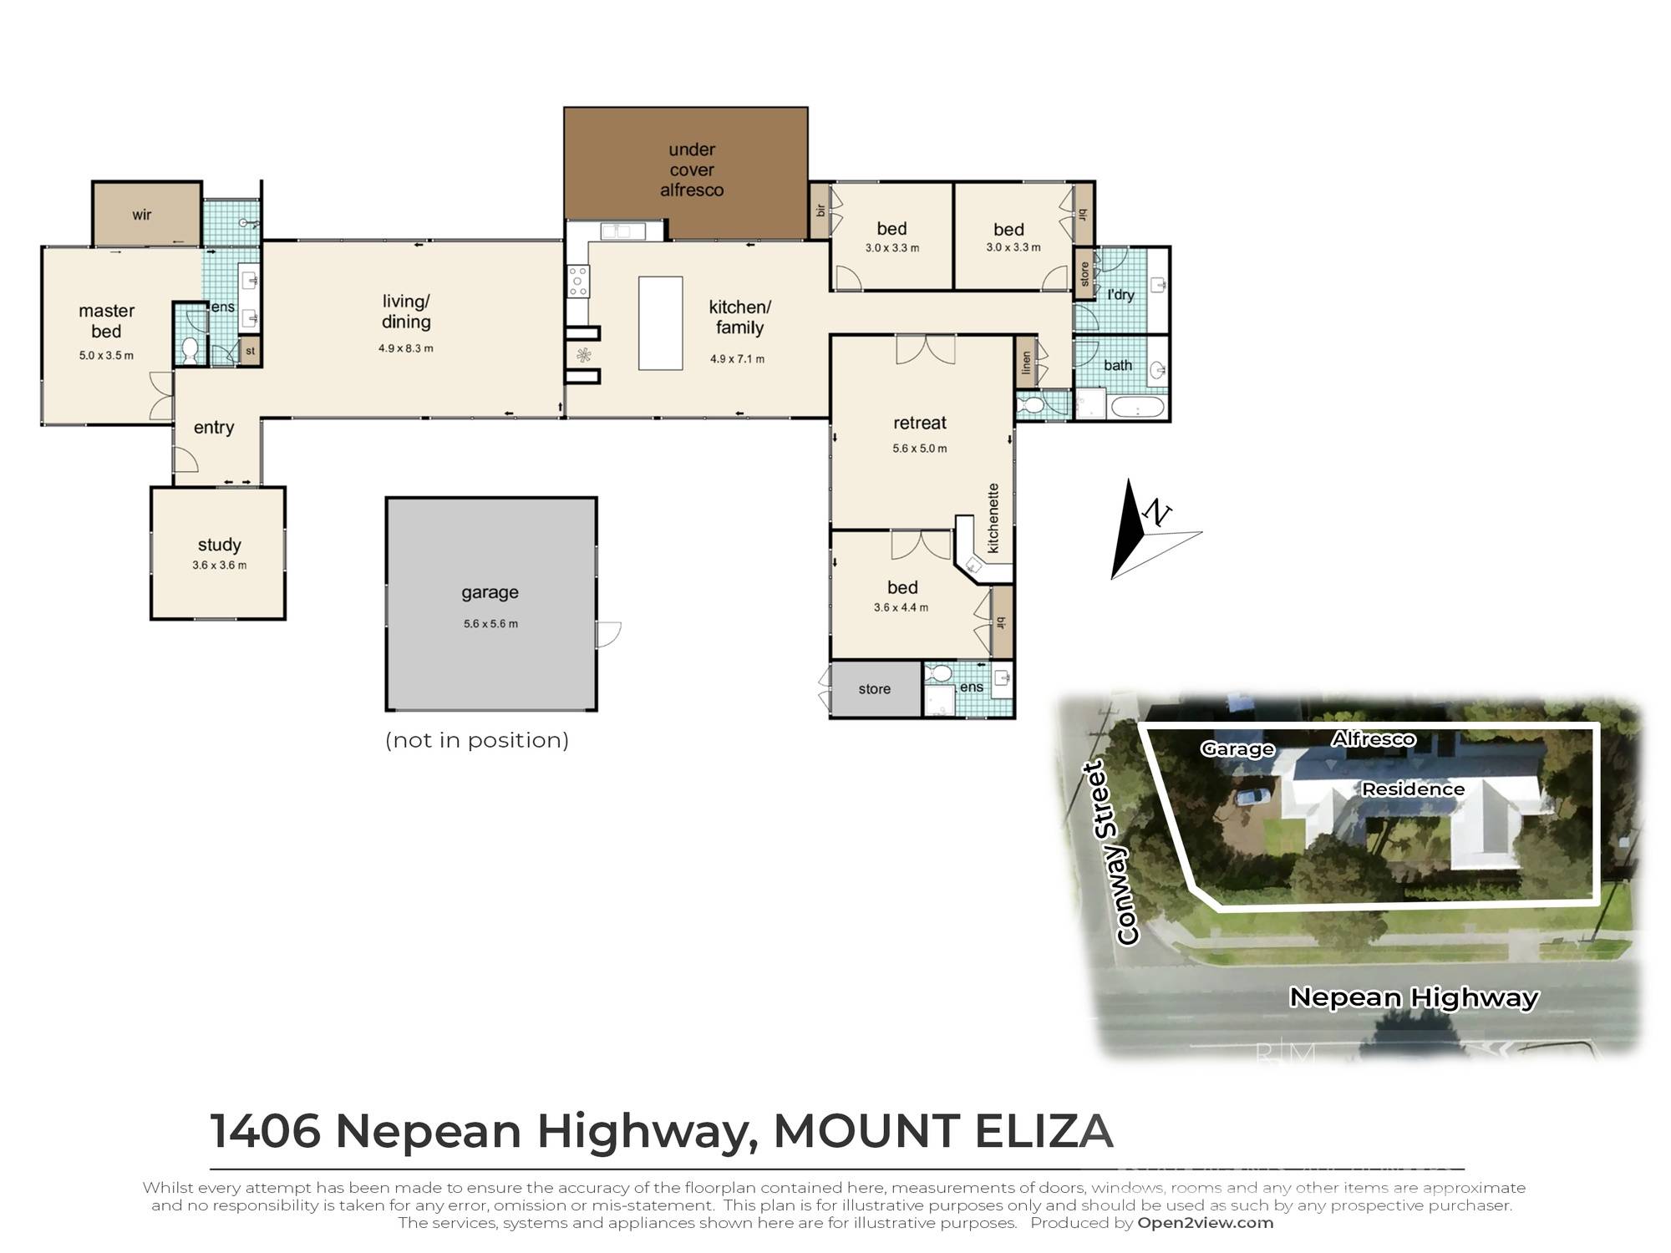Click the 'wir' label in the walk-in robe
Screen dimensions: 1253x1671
coord(142,215)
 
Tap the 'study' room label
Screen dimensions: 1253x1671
coord(219,545)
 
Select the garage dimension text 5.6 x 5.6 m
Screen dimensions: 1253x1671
coord(490,623)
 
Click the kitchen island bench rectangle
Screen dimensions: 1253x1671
coord(660,323)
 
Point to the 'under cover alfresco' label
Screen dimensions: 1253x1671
coord(691,170)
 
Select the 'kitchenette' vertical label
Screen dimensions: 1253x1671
coord(993,518)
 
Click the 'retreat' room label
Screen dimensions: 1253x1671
coord(919,423)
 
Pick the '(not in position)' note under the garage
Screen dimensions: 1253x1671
coord(476,740)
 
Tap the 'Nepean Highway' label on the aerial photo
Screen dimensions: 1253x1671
coord(1413,997)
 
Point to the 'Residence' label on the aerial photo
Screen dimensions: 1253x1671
coord(1413,789)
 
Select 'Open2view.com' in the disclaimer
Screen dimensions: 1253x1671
coord(1205,1223)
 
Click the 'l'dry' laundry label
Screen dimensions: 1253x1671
coord(1120,294)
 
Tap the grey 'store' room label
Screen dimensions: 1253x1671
coord(874,689)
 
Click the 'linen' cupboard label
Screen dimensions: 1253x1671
coord(1026,363)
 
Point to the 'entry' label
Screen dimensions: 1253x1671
coord(214,428)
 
